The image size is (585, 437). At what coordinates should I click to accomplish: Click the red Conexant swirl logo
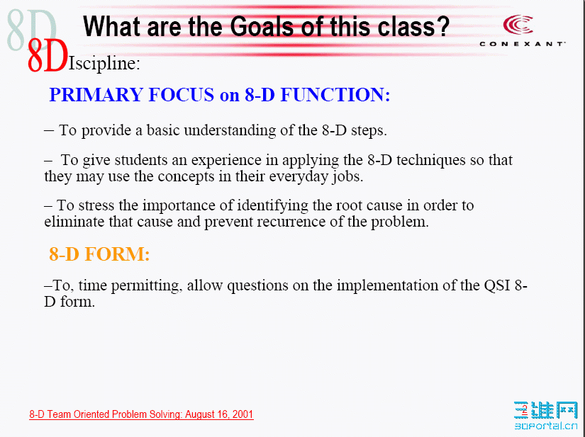click(518, 25)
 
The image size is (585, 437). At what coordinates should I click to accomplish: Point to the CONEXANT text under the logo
click(522, 44)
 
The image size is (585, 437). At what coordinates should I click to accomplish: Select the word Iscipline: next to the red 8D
click(104, 64)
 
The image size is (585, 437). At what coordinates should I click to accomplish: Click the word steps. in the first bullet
click(367, 131)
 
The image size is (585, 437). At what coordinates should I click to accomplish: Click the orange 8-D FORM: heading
click(99, 254)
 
